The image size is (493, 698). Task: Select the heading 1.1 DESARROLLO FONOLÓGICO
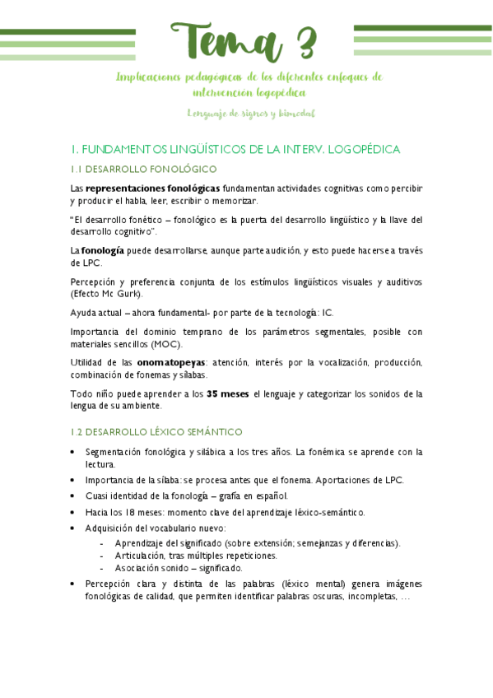pos(143,169)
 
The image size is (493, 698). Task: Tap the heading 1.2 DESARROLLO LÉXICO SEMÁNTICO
pos(156,431)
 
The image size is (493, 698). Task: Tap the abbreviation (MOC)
pos(167,344)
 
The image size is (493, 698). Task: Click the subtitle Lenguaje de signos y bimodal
pos(251,113)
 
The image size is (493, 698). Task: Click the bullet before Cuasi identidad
pos(73,496)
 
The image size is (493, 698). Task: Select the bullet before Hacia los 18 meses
pos(73,512)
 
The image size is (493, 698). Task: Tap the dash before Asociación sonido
pos(100,568)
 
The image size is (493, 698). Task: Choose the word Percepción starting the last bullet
pos(109,584)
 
